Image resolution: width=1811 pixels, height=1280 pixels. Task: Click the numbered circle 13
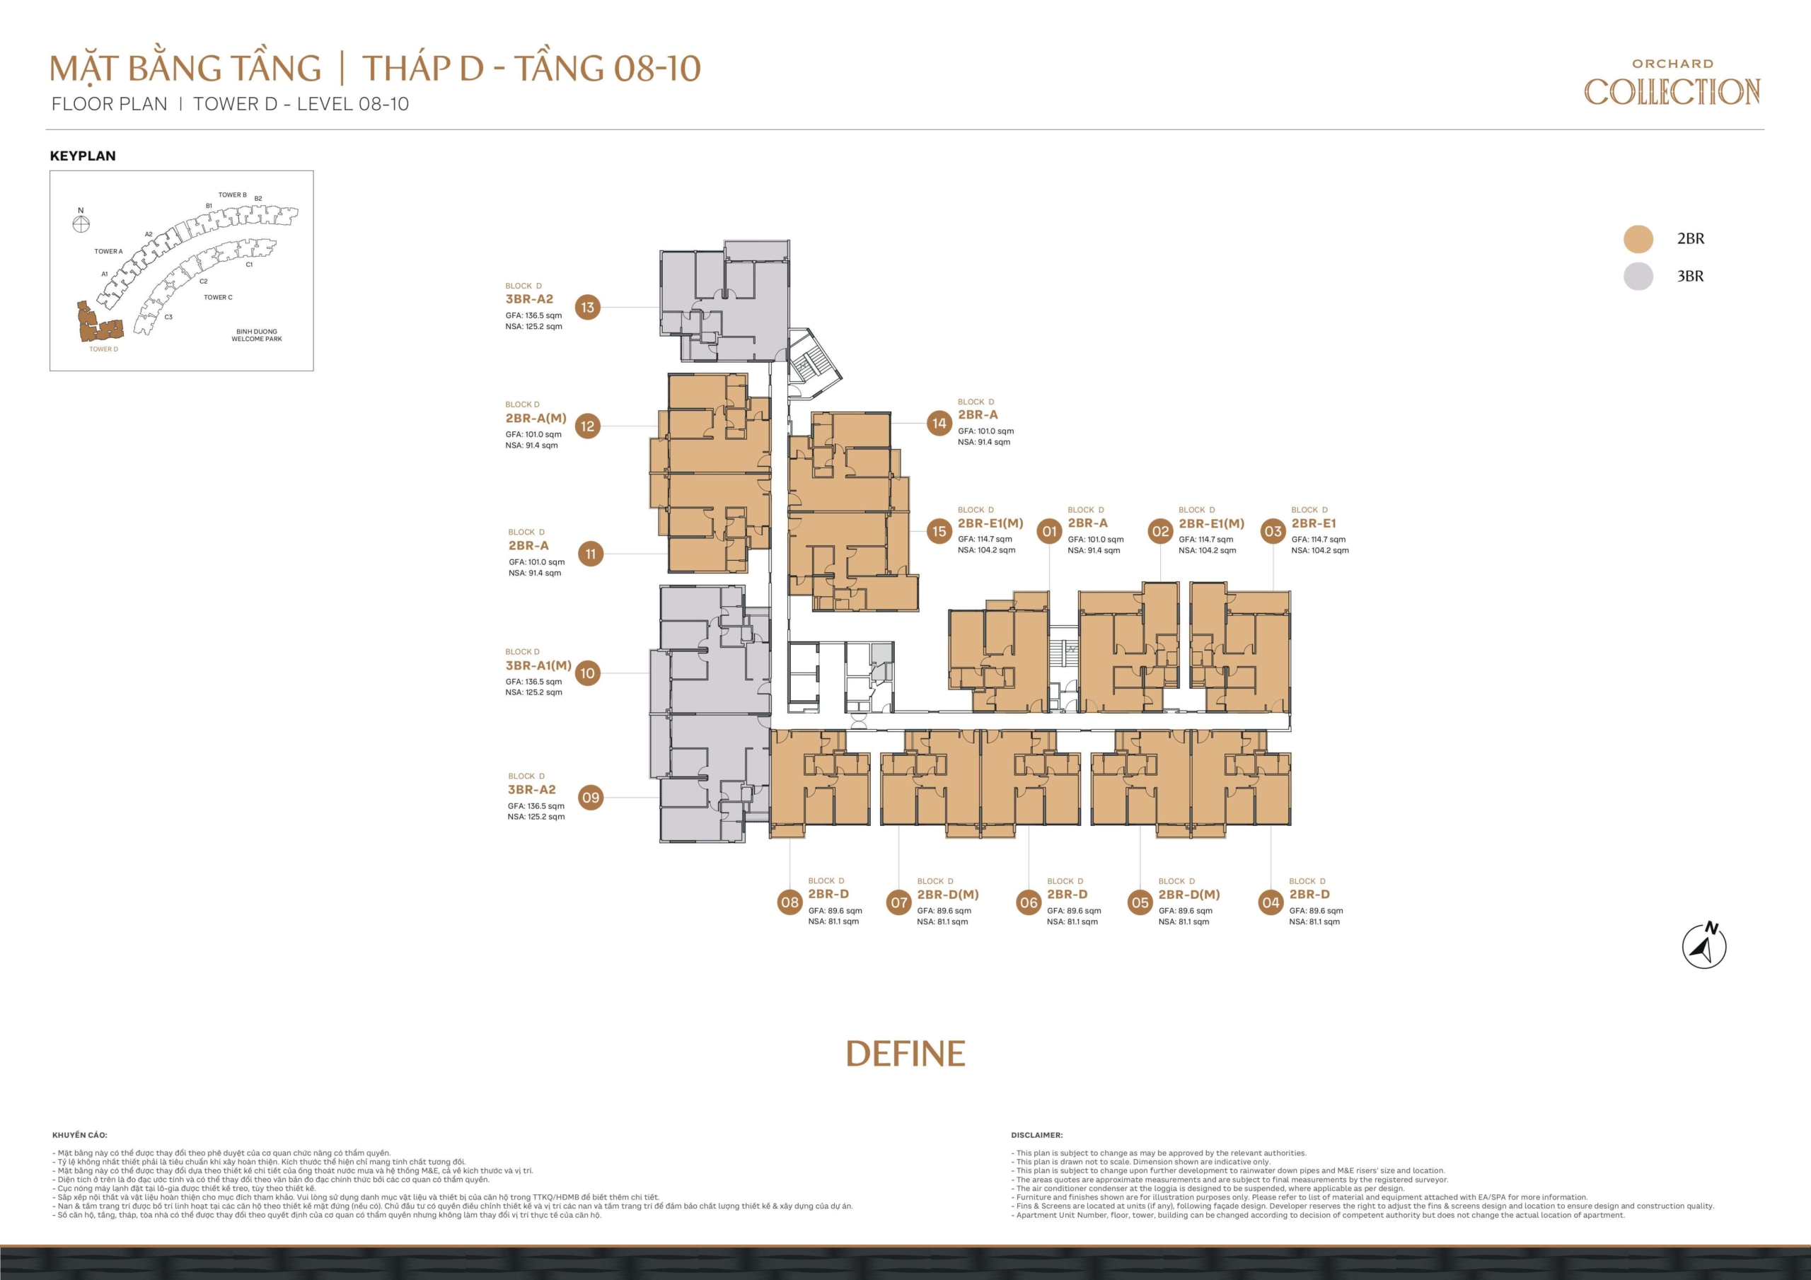click(x=588, y=308)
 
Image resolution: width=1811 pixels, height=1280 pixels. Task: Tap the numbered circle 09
click(x=591, y=797)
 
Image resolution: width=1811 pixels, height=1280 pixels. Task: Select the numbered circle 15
click(x=939, y=531)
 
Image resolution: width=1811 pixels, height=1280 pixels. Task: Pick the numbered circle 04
click(x=1271, y=902)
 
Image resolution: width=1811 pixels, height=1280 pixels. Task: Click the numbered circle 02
click(x=1160, y=531)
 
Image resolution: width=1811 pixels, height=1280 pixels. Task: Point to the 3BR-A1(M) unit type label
click(x=538, y=665)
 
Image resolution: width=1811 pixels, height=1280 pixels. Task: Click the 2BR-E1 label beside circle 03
click(x=1313, y=523)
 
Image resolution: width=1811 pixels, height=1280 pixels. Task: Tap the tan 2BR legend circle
click(x=1638, y=239)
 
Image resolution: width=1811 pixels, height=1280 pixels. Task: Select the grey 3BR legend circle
click(x=1638, y=276)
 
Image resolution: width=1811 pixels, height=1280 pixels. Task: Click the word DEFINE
click(x=905, y=1054)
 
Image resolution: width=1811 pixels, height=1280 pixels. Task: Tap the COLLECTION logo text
click(x=1672, y=91)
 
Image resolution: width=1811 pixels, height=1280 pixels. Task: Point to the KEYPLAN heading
click(x=83, y=156)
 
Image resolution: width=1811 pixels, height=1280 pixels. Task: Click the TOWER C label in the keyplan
click(x=218, y=297)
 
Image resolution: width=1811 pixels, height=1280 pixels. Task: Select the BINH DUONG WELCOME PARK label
click(x=256, y=335)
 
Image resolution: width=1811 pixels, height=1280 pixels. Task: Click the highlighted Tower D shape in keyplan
click(x=98, y=324)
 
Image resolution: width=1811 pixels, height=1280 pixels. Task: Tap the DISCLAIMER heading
click(x=1036, y=1135)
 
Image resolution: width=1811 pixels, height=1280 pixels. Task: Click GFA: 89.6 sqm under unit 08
click(x=835, y=910)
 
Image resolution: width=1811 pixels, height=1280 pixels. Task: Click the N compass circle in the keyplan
click(x=81, y=224)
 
